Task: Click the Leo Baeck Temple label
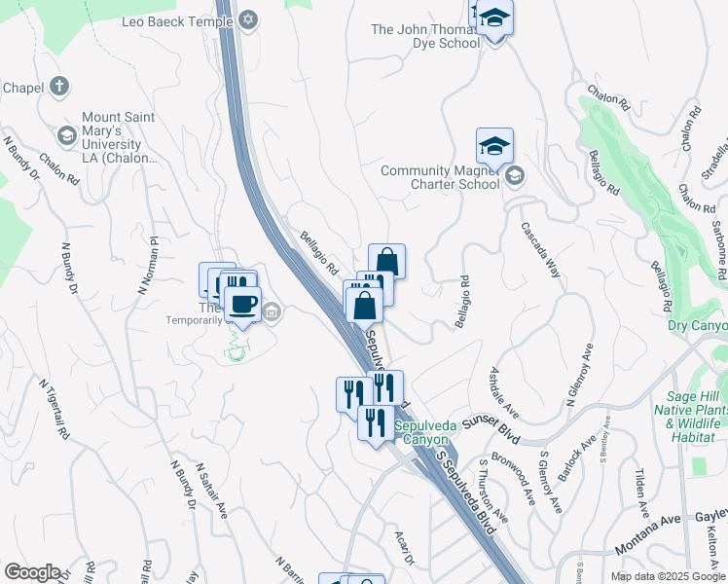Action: (x=178, y=20)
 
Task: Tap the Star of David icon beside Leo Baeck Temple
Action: (x=248, y=20)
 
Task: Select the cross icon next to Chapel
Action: (x=59, y=87)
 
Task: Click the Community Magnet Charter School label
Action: (x=440, y=177)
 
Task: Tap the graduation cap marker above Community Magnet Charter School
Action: (x=494, y=147)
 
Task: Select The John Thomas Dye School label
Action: (x=425, y=36)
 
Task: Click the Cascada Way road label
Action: (x=540, y=251)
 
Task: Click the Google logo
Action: (x=32, y=572)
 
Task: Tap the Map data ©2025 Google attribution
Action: (x=668, y=576)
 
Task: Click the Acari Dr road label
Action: (x=404, y=550)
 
